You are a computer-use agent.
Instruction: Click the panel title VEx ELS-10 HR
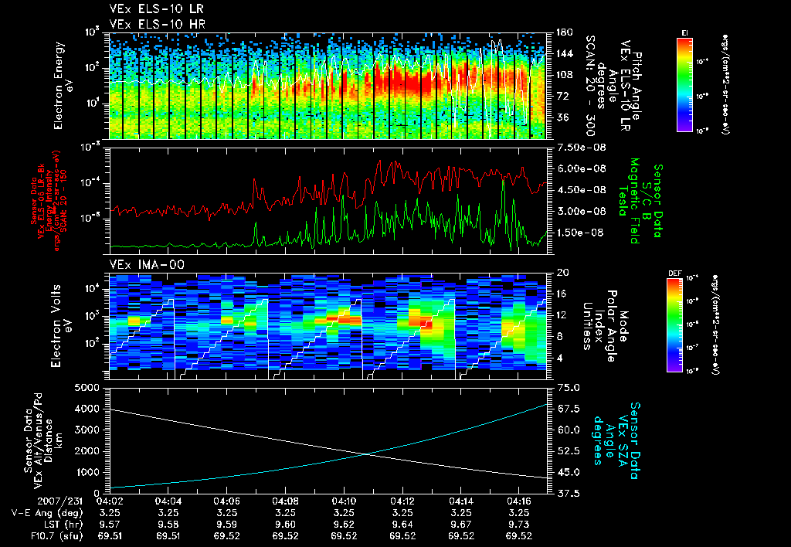coord(151,24)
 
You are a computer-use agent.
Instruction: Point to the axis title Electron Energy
coord(59,85)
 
